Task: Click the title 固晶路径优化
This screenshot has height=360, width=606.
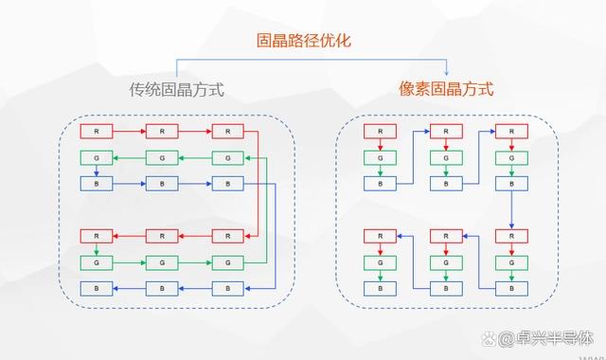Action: [x=302, y=41]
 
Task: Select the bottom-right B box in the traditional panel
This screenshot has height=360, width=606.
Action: [x=227, y=287]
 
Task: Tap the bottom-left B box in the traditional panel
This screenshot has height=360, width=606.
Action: [x=96, y=287]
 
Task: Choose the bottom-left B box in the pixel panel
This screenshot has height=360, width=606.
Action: [x=380, y=287]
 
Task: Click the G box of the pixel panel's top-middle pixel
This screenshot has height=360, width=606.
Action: [x=446, y=157]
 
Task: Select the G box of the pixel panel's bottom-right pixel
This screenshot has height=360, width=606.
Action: [x=511, y=261]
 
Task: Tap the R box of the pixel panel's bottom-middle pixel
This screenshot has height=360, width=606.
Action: [x=446, y=236]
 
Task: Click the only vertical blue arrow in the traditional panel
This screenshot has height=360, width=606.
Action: [x=96, y=171]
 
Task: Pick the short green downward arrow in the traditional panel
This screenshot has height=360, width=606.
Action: [x=96, y=248]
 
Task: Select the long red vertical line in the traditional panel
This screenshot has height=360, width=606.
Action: [x=258, y=183]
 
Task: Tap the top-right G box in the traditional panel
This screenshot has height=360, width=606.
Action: [x=227, y=157]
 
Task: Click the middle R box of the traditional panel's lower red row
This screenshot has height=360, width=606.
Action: [x=162, y=236]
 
